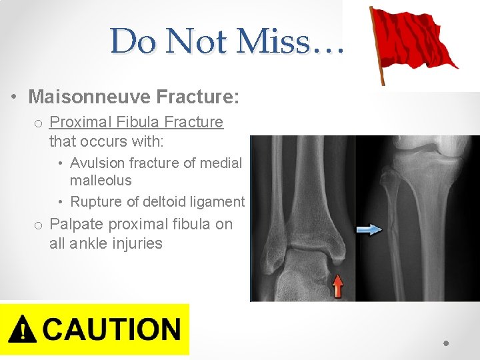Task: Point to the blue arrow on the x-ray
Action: pos(369,229)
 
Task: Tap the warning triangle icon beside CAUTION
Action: pos(24,330)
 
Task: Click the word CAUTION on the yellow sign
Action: pos(112,330)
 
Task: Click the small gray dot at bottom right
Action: pos(447,343)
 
